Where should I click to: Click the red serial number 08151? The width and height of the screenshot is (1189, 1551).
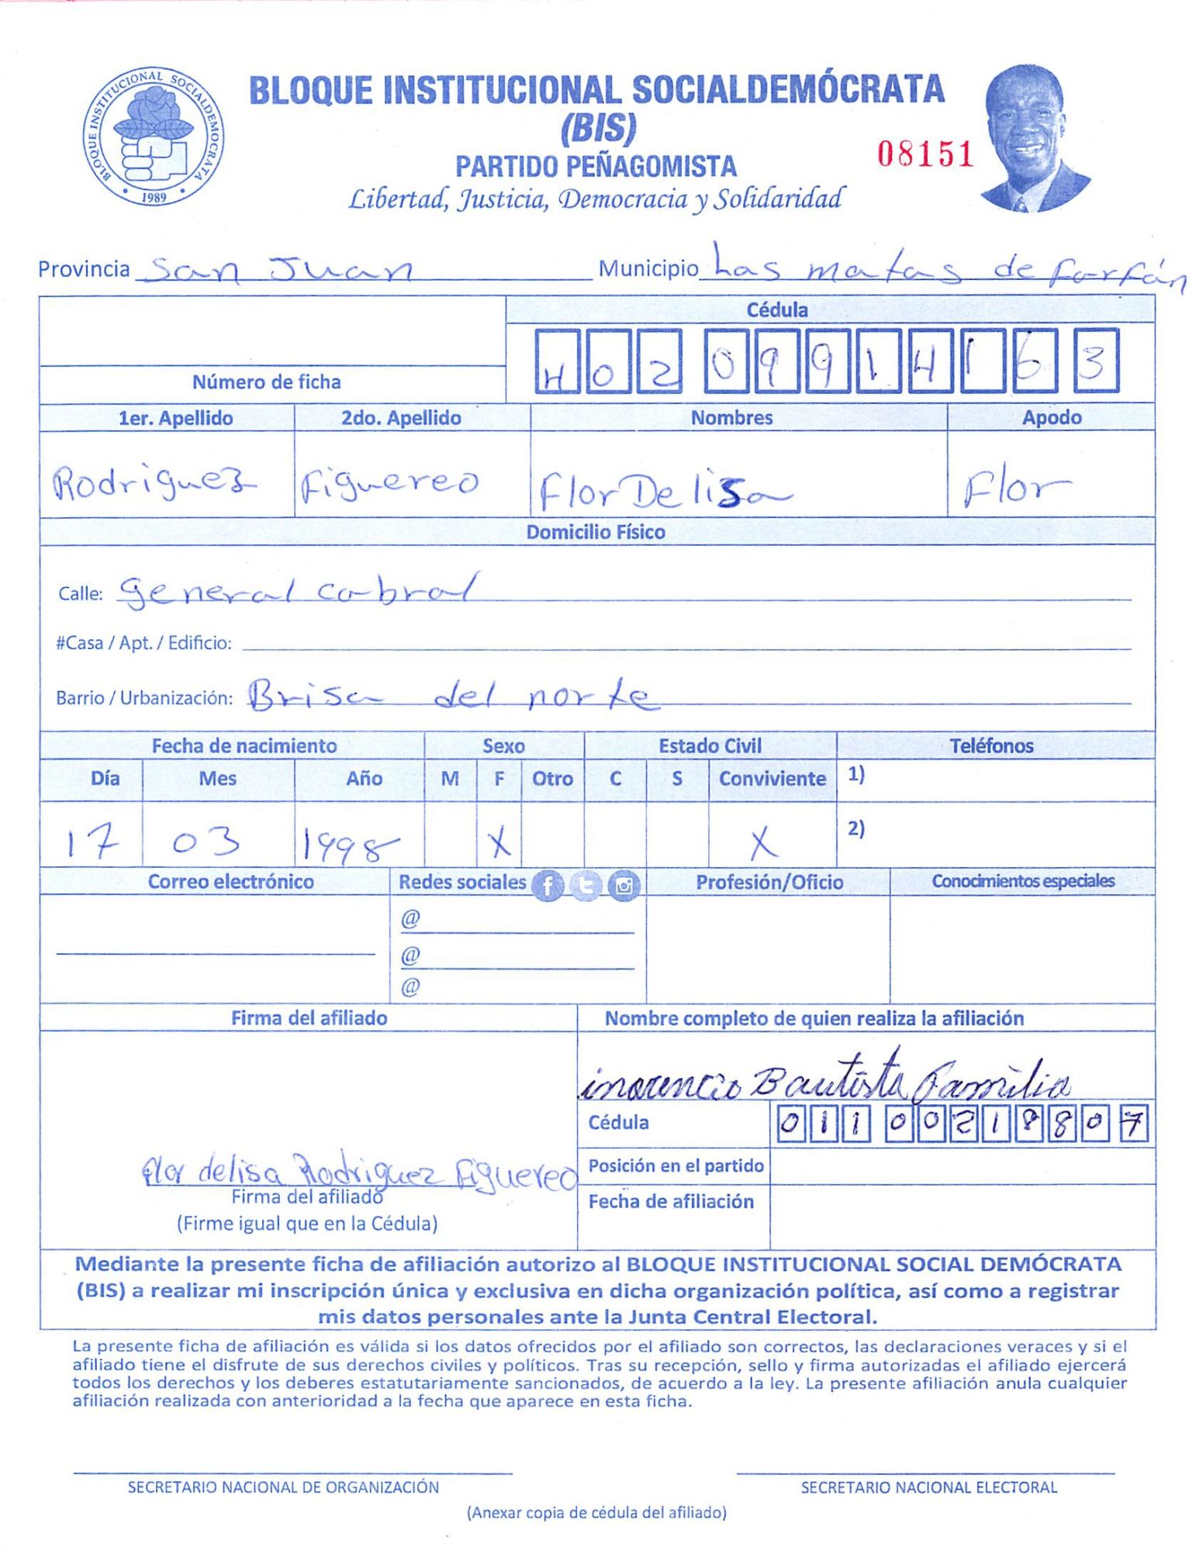click(925, 154)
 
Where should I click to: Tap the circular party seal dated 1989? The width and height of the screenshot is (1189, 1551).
click(154, 136)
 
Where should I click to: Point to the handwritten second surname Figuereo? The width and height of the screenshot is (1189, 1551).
click(389, 485)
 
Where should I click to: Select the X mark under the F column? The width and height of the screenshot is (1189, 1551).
click(499, 841)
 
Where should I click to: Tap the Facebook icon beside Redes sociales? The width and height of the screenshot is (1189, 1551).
click(548, 885)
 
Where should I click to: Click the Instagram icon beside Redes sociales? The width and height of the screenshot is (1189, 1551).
click(624, 885)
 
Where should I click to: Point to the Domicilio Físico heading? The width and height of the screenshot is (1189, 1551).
click(595, 532)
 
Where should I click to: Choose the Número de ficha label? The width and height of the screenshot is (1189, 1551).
click(266, 382)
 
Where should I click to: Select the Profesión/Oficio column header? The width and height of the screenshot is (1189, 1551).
click(769, 882)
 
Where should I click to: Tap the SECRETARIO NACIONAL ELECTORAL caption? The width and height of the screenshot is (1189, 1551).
click(928, 1487)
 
